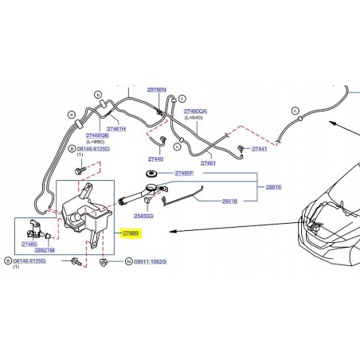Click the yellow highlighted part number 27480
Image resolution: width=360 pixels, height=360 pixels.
click(130, 233)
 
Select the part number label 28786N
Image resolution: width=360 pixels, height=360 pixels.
click(157, 91)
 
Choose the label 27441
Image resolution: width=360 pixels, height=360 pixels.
click(260, 149)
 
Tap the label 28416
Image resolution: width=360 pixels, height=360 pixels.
click(230, 202)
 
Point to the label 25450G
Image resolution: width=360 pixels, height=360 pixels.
click(144, 215)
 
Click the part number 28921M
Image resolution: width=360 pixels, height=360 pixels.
click(45, 249)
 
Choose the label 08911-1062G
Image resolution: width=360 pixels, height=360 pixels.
click(148, 261)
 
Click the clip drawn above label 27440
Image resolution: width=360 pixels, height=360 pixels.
click(161, 143)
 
